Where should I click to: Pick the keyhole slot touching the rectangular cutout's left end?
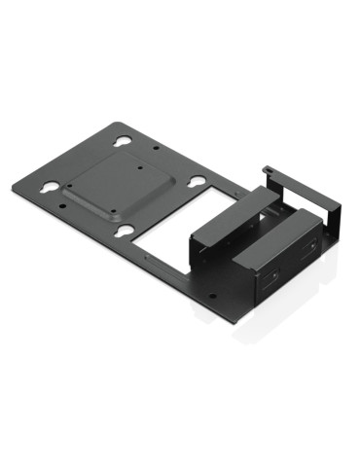coord(126,231)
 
